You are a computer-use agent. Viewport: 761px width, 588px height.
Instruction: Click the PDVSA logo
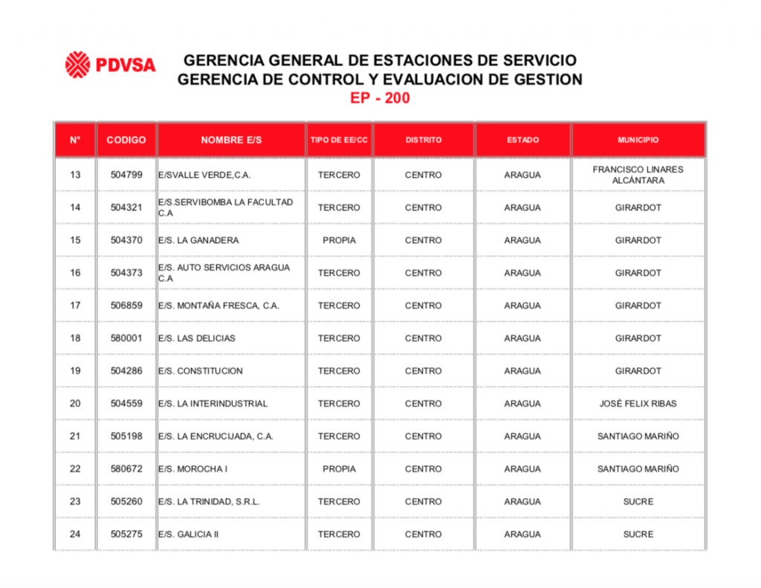click(110, 65)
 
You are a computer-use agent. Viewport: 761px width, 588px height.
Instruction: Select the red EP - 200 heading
click(380, 98)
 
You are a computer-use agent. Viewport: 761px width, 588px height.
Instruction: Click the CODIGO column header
click(126, 140)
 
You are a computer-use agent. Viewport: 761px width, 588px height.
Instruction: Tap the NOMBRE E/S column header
click(231, 140)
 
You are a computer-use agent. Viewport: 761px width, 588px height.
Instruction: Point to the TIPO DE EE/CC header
click(339, 140)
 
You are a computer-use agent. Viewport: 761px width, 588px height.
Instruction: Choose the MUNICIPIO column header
click(638, 140)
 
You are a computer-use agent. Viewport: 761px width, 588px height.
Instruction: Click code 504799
click(126, 175)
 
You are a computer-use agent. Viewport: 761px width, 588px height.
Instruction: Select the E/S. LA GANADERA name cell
click(198, 240)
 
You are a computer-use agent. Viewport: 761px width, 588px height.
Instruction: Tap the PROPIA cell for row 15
click(339, 240)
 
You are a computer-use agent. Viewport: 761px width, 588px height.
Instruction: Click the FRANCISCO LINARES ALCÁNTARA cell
click(638, 175)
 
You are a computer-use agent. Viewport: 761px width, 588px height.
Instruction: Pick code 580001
click(126, 338)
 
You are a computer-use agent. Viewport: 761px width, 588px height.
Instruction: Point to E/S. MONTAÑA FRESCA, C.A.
click(218, 306)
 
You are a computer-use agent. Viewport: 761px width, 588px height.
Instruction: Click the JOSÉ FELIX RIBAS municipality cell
click(638, 404)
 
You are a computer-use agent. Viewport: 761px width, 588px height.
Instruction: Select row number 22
click(75, 469)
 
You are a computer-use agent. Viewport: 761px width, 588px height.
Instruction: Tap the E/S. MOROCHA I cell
click(192, 469)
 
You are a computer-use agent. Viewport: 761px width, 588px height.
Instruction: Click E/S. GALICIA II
click(188, 534)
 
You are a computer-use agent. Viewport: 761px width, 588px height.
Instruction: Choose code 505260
click(126, 502)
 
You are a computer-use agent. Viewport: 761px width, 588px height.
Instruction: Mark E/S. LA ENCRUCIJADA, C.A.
click(216, 436)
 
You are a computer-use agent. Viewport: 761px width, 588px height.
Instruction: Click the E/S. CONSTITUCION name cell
click(200, 371)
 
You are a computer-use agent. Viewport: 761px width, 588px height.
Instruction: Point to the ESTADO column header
click(522, 140)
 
